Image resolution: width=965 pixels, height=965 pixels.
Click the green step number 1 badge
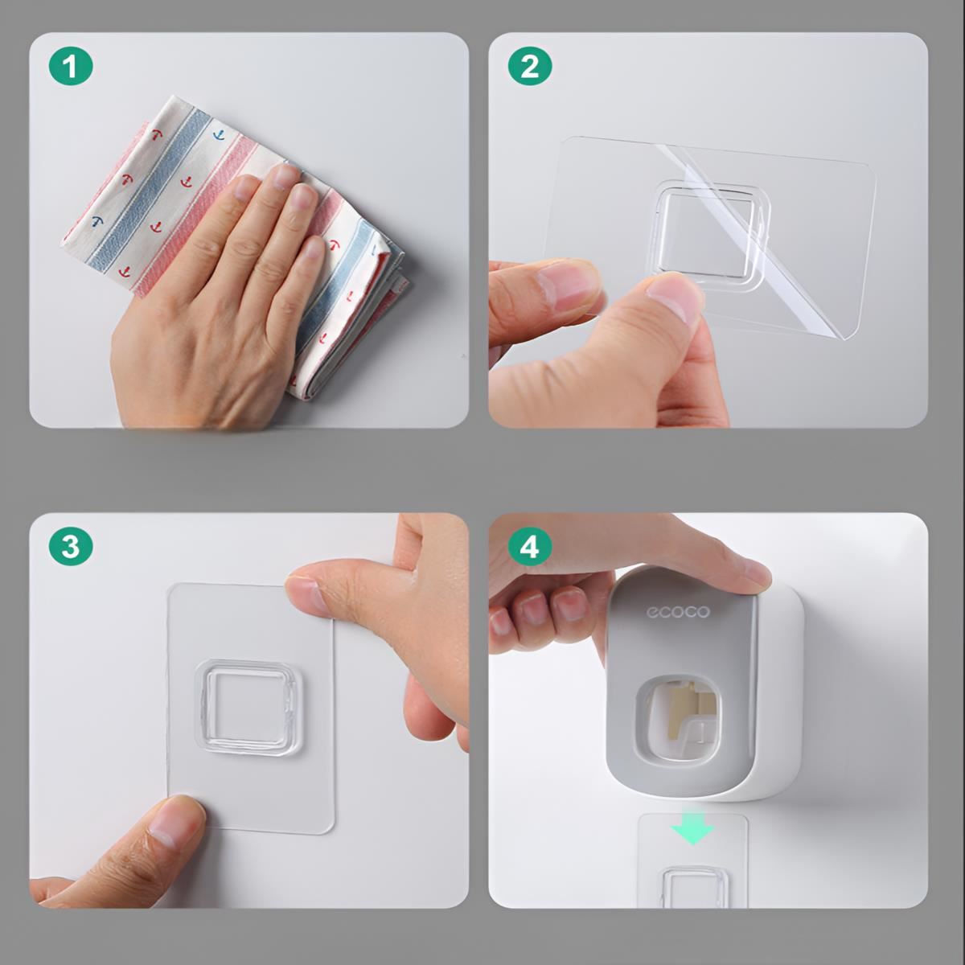tap(71, 67)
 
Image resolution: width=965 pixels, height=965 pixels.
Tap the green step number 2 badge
tap(530, 67)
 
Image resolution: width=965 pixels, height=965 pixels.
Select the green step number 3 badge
tap(71, 546)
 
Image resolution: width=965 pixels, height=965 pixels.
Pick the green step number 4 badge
tap(530, 546)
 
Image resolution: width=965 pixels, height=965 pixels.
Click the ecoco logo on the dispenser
tap(678, 612)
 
